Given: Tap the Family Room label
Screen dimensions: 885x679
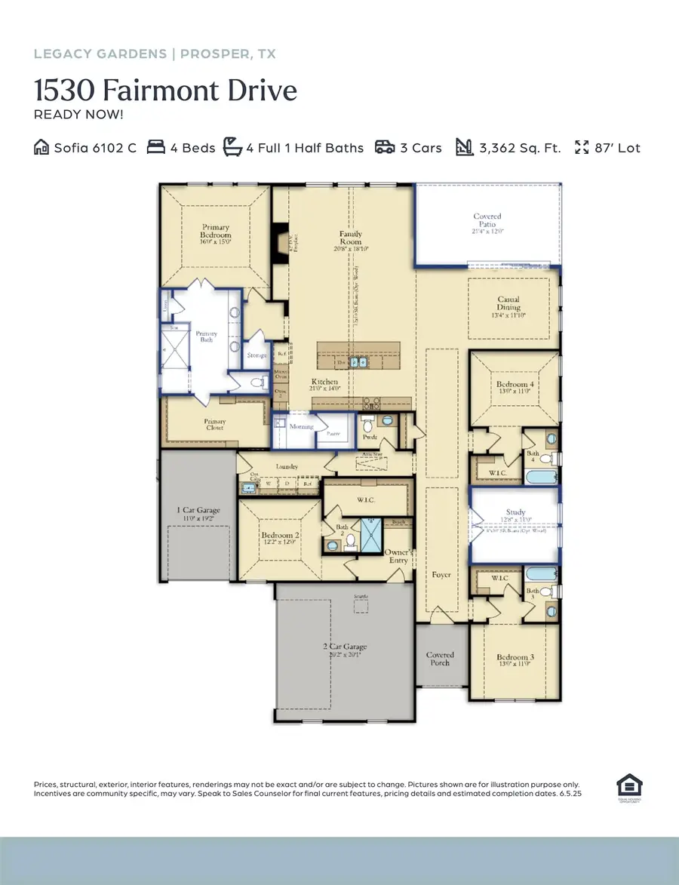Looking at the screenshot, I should click(351, 238).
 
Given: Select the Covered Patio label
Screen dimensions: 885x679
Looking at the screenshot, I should click(487, 221).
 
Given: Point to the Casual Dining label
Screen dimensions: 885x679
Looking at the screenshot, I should click(508, 303).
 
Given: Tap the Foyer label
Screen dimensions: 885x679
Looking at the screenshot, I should click(441, 575).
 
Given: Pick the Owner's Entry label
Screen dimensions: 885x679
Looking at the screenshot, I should click(398, 555).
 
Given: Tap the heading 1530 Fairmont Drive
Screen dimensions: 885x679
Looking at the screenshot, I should click(165, 91).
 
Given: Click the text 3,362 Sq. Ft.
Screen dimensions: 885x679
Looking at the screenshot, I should click(520, 148).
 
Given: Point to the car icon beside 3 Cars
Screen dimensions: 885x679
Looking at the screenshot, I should click(385, 147).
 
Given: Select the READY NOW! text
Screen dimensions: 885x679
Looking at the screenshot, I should click(78, 115).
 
